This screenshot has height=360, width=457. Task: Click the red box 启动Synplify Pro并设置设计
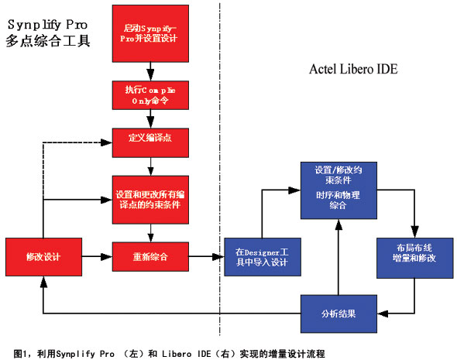[x=150, y=33]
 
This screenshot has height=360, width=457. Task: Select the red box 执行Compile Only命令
[x=150, y=95]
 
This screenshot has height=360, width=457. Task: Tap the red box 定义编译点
[x=150, y=142]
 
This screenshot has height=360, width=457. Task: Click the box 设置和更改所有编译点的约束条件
[x=150, y=200]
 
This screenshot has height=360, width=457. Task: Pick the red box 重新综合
[x=150, y=256]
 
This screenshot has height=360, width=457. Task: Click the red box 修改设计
[x=43, y=257]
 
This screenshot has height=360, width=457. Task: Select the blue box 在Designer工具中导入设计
[x=263, y=257]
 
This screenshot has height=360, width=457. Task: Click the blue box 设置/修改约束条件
[x=338, y=190]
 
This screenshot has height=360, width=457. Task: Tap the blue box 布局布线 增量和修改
[x=414, y=258]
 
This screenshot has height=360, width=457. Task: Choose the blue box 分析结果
[x=338, y=314]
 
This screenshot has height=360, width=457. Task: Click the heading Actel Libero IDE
[x=353, y=70]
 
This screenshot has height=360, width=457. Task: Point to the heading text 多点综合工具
[x=48, y=41]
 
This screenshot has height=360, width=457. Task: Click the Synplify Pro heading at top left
[x=47, y=25]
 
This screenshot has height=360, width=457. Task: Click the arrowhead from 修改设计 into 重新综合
[x=107, y=257]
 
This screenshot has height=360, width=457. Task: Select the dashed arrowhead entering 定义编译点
[x=107, y=142]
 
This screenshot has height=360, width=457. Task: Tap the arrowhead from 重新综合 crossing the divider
[x=218, y=257]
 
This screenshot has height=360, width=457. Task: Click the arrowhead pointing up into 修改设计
[x=43, y=282]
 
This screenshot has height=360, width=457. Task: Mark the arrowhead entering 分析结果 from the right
[x=383, y=314]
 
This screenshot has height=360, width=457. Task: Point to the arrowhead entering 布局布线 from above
[x=414, y=232]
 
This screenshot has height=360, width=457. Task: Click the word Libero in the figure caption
[x=177, y=354]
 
